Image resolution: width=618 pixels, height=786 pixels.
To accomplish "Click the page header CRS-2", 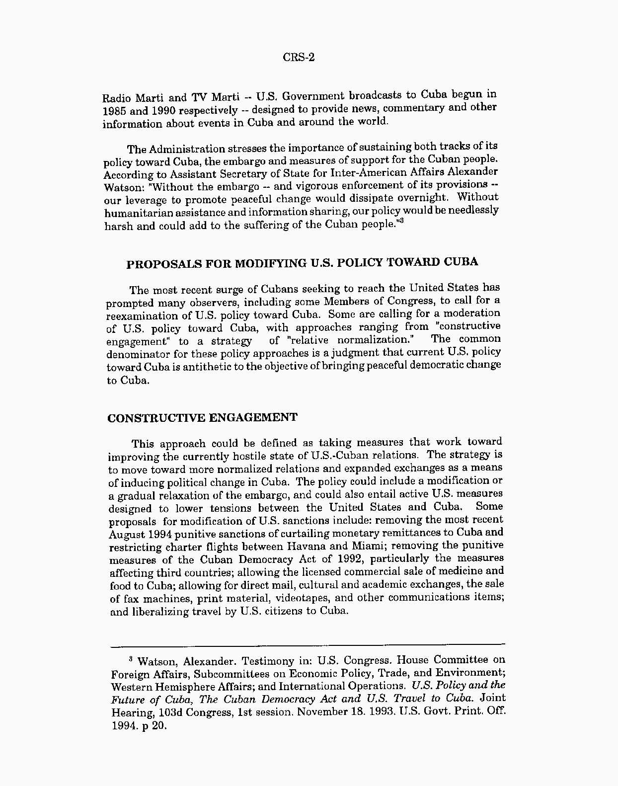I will (x=299, y=57).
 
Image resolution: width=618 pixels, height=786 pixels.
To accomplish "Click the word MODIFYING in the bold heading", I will (x=270, y=263).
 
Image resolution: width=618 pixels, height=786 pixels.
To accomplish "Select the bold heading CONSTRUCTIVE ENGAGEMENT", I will (x=202, y=417).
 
